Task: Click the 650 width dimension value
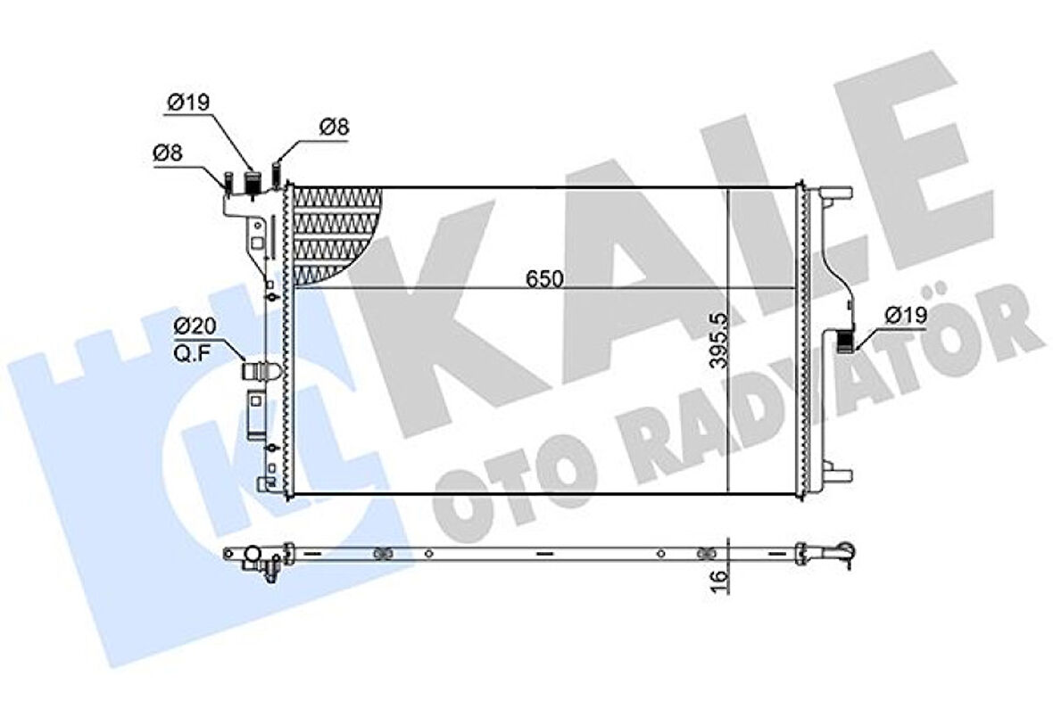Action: [x=543, y=278]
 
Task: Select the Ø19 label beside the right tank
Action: [x=905, y=314]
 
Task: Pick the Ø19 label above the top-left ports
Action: [x=187, y=102]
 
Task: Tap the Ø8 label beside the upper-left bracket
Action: [x=168, y=153]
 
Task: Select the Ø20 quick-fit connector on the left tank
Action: [x=260, y=370]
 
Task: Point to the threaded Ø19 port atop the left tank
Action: [x=253, y=184]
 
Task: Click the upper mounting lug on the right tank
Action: [x=835, y=195]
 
